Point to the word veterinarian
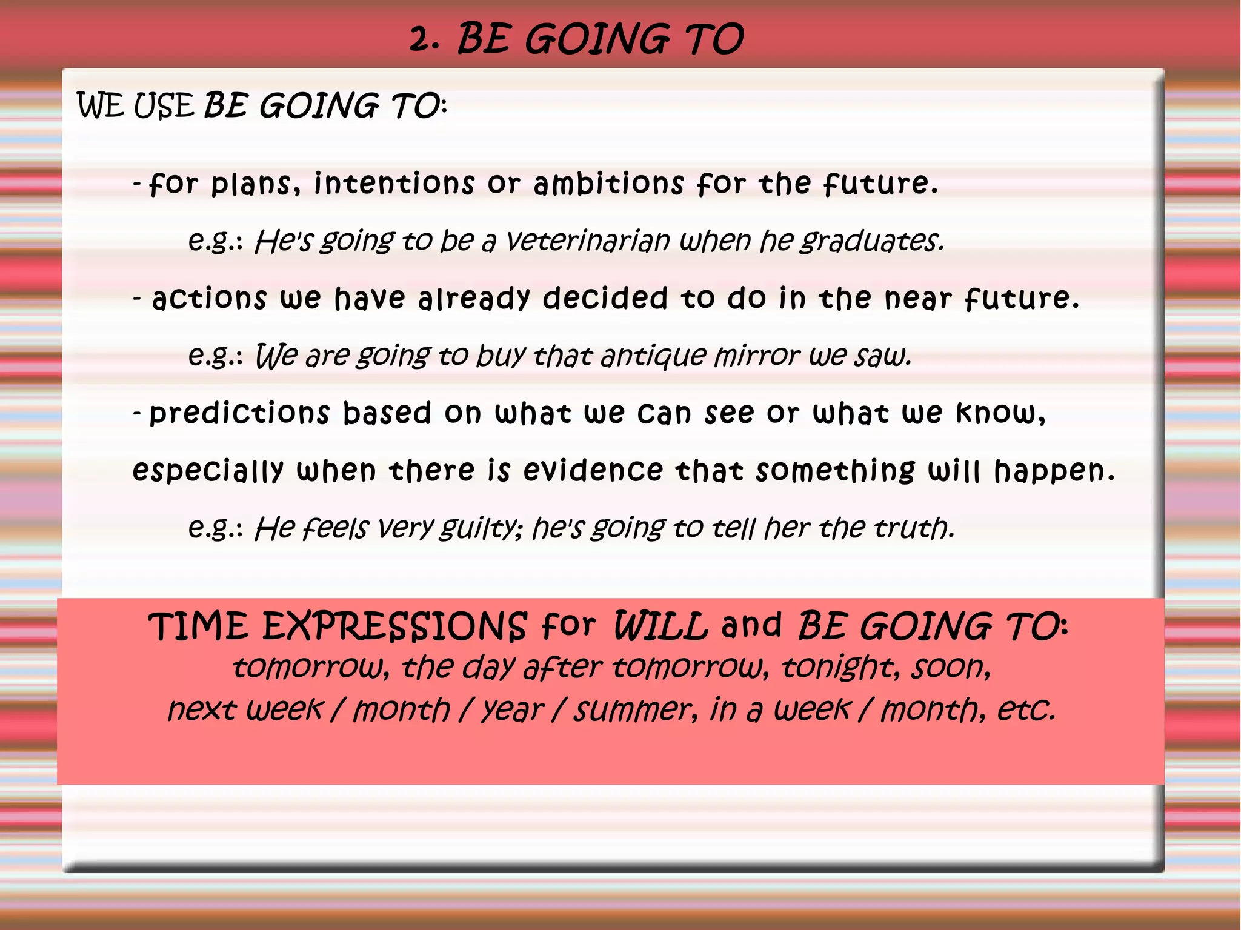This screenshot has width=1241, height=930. coord(588,241)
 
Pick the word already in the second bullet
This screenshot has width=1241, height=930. coord(474,299)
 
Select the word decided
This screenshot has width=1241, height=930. coord(605,298)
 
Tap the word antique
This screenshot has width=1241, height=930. coord(653,356)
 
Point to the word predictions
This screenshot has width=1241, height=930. coord(239,413)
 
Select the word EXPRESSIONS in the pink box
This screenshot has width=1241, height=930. coord(394,626)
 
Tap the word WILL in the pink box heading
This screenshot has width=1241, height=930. coord(660,626)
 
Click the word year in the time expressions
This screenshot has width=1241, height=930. coord(513,710)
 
